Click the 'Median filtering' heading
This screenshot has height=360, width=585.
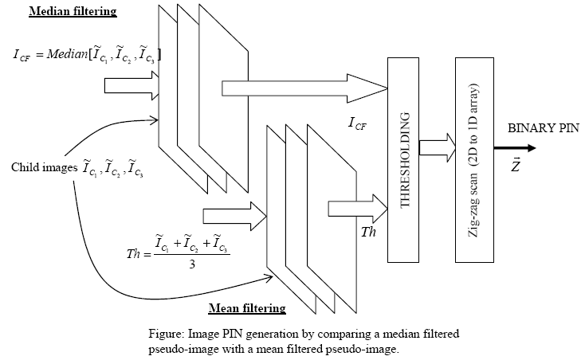(x=72, y=11)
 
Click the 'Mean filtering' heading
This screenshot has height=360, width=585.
(x=247, y=307)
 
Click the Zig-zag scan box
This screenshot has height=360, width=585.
(x=476, y=159)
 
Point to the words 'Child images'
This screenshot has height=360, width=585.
(x=42, y=167)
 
